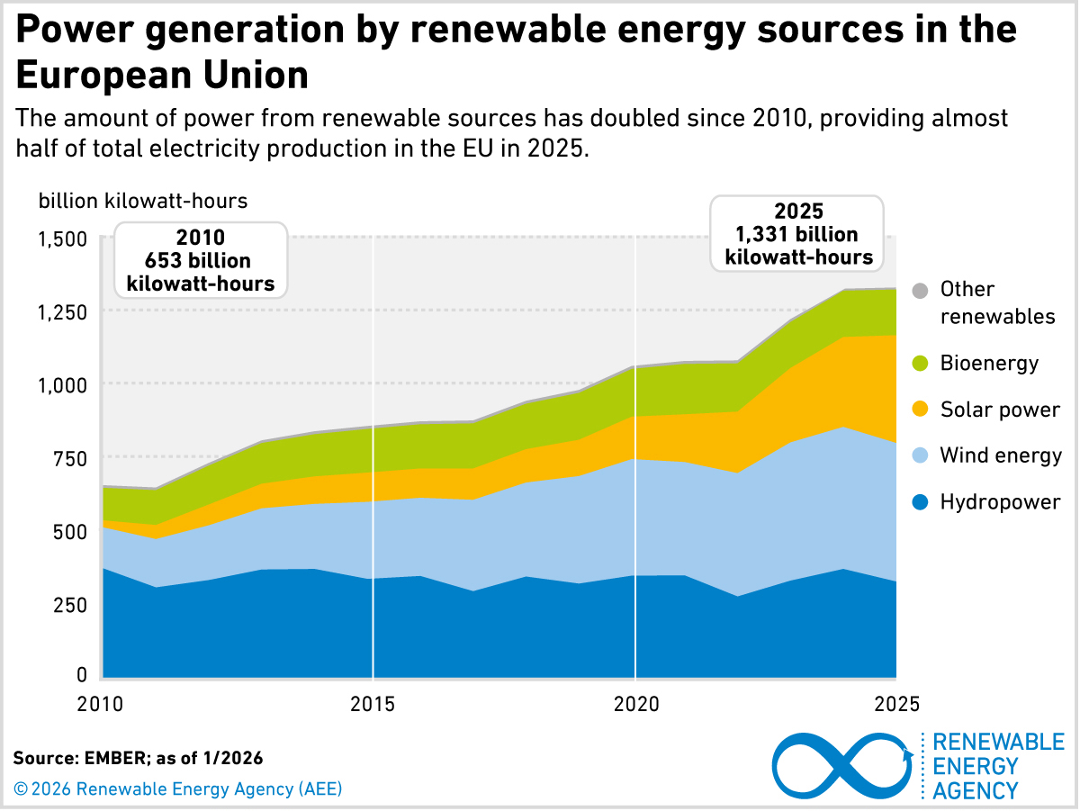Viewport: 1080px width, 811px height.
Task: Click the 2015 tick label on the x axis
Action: (373, 701)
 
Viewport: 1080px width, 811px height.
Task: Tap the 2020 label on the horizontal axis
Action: (635, 701)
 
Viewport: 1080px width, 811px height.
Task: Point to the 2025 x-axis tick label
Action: (896, 701)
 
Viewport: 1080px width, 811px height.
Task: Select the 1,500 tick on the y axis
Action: (63, 239)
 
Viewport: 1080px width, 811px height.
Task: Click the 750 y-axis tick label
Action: (69, 457)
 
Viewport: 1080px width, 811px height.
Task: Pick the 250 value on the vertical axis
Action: (69, 603)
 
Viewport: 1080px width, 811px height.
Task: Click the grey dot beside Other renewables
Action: (919, 291)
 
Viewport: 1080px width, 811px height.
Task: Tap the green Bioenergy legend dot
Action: (919, 364)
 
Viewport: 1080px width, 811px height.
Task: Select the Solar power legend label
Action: (1000, 410)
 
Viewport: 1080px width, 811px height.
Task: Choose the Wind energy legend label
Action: (1001, 455)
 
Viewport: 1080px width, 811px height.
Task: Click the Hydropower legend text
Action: (1000, 502)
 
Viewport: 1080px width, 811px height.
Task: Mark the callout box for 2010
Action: (201, 260)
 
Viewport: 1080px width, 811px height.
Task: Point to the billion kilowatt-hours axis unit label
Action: (142, 201)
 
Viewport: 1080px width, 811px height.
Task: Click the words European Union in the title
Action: (162, 76)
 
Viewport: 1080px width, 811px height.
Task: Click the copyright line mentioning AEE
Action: (178, 789)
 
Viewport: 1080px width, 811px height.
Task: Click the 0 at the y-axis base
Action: (81, 675)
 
